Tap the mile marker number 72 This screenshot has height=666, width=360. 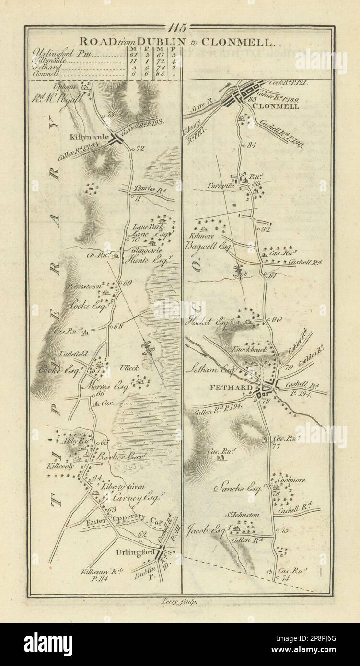(x=140, y=149)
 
